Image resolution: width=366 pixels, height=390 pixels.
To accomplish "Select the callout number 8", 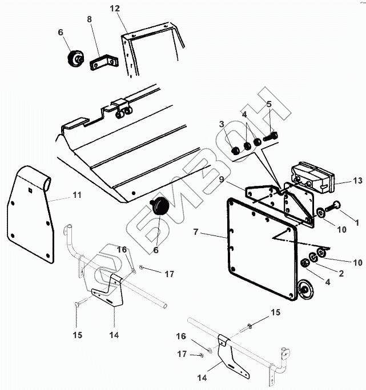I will point(90,19).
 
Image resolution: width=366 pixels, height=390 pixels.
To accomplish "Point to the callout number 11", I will point(77,196).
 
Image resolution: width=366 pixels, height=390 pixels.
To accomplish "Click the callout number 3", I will point(221,124).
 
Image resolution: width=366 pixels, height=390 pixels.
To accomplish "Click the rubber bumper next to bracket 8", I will point(74,59).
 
